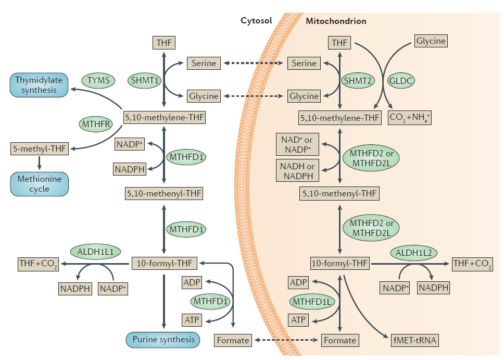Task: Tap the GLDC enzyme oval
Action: click(x=401, y=81)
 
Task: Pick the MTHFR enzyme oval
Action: click(x=96, y=124)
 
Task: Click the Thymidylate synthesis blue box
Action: click(x=39, y=85)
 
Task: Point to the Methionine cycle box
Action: click(x=39, y=184)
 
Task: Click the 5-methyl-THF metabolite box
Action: click(x=40, y=148)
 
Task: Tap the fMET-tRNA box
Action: click(x=415, y=341)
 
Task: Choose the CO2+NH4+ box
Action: click(x=410, y=118)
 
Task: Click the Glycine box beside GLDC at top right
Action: click(x=431, y=41)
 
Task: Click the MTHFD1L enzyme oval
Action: click(x=312, y=302)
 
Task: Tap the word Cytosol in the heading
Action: click(x=256, y=21)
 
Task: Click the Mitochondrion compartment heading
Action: click(x=336, y=21)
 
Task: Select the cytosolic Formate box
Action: click(x=233, y=340)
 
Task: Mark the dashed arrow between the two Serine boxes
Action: click(x=253, y=64)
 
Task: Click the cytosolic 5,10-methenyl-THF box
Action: click(x=164, y=194)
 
